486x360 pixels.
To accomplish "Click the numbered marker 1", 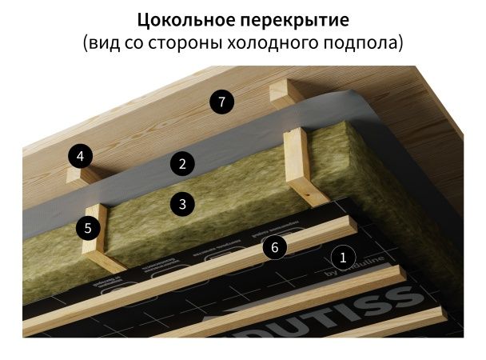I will pyautogui.click(x=343, y=258).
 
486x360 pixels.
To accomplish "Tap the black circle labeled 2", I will pyautogui.click(x=182, y=165).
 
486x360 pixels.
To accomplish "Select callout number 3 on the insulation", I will pyautogui.click(x=182, y=204).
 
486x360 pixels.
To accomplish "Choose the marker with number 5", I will pyautogui.click(x=89, y=228).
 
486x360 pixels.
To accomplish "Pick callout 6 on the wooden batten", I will pyautogui.click(x=274, y=247).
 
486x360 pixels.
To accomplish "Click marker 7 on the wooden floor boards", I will pyautogui.click(x=221, y=102).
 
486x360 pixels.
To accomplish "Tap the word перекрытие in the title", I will pyautogui.click(x=293, y=18).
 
